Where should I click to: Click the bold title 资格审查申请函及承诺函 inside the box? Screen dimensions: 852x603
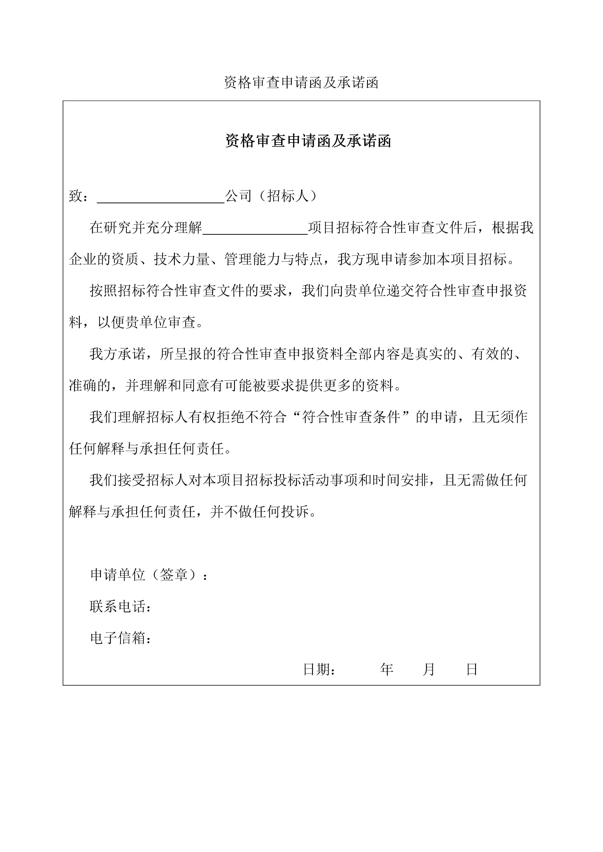(308, 141)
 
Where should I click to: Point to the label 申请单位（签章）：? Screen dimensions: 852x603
(148, 575)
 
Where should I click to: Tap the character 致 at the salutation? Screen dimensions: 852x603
(76, 196)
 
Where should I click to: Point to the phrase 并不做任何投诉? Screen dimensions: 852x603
(260, 512)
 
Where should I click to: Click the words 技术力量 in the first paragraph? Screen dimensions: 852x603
(182, 259)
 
